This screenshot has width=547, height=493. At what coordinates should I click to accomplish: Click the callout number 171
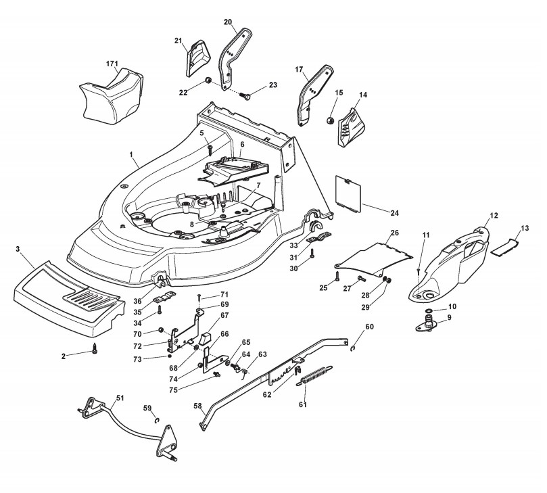[x=112, y=64]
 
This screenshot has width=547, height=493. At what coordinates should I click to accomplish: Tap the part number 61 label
[x=302, y=404]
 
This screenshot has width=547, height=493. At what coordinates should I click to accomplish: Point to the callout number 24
[x=394, y=213]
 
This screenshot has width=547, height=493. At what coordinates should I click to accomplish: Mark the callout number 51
[x=120, y=398]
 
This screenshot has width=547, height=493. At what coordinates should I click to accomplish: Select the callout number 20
[x=228, y=22]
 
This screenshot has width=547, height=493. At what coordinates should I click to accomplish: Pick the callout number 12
[x=494, y=215]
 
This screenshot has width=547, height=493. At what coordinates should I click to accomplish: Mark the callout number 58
[x=198, y=406]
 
